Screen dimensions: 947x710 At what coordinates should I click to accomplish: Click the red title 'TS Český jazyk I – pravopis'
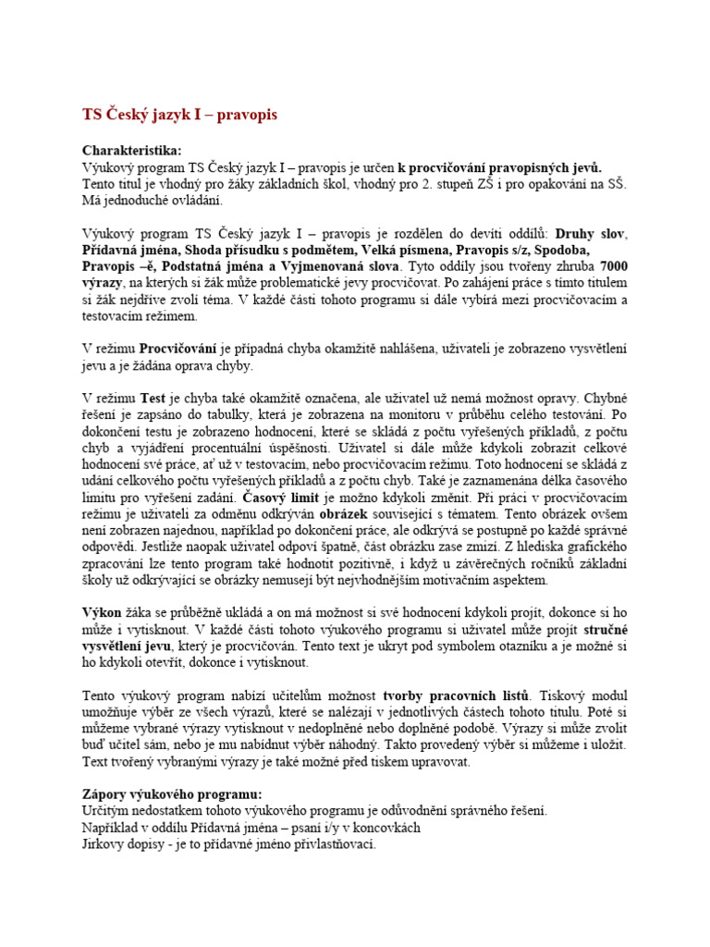tap(179, 115)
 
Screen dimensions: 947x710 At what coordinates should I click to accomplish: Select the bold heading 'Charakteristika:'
tap(132, 150)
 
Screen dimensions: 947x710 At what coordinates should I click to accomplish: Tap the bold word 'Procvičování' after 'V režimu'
tap(177, 349)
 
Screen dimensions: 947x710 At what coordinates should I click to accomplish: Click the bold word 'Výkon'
tap(103, 612)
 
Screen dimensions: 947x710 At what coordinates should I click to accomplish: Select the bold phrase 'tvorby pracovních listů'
tap(457, 695)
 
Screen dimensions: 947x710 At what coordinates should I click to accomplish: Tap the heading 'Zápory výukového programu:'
tap(172, 794)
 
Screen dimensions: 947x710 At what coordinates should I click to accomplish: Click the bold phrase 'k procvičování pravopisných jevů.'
tap(499, 166)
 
